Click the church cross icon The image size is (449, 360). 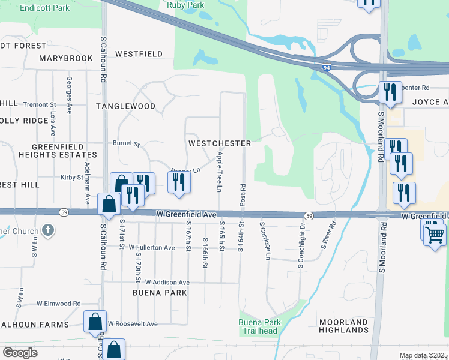coord(48,230)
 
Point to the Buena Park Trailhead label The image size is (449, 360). coord(259,327)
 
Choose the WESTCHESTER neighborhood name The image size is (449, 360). coord(219,144)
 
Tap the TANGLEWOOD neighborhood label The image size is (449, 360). coord(125,106)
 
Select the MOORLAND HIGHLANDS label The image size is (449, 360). coord(343,326)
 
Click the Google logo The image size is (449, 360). coord(20,353)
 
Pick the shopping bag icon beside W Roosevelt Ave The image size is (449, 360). coord(95,322)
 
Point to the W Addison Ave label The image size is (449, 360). coord(162,282)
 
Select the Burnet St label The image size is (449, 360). coord(126,144)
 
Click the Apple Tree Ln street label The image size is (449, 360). coord(220,172)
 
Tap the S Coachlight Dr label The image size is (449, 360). coord(303,245)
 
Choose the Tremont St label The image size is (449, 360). coord(40,104)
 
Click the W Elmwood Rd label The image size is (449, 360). coord(58,304)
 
